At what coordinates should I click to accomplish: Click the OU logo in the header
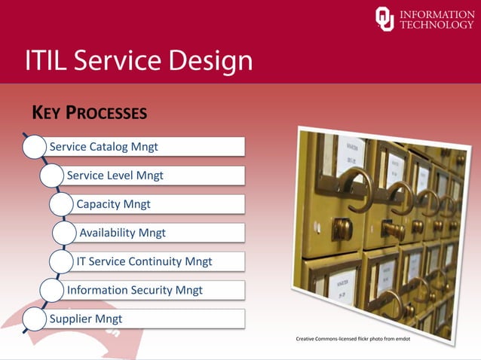pyautogui.click(x=384, y=19)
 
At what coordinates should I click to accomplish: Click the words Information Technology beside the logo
pyautogui.click(x=437, y=20)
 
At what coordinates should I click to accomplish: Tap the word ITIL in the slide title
pyautogui.click(x=50, y=61)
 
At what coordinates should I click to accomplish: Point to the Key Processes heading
pyautogui.click(x=89, y=113)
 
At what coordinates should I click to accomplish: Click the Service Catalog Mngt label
pyautogui.click(x=103, y=146)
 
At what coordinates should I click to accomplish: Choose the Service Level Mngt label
pyautogui.click(x=115, y=175)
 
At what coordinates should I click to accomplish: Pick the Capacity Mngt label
pyautogui.click(x=113, y=204)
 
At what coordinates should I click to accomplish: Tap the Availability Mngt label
pyautogui.click(x=122, y=233)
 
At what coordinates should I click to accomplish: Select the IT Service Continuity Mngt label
pyautogui.click(x=144, y=261)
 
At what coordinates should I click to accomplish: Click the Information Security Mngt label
pyautogui.click(x=134, y=290)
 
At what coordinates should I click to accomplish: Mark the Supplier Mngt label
pyautogui.click(x=85, y=319)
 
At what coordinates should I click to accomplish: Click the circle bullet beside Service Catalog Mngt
pyautogui.click(x=34, y=146)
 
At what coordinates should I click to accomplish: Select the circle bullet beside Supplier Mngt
pyautogui.click(x=34, y=319)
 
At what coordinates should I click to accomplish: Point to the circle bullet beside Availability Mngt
pyautogui.click(x=65, y=233)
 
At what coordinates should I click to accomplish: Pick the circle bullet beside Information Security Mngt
pyautogui.click(x=52, y=290)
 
